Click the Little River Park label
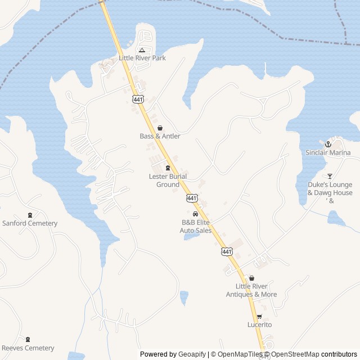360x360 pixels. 142,57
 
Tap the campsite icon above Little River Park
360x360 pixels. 142,49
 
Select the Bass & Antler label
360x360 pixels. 160,136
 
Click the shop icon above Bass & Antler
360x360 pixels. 160,128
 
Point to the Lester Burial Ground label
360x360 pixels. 168,181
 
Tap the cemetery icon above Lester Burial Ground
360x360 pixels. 168,168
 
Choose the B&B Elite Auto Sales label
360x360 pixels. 196,226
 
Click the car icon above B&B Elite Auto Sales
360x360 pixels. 195,214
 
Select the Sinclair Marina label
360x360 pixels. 328,152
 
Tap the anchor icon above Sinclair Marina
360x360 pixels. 328,145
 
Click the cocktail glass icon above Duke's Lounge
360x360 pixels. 330,176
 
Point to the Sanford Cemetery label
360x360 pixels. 30,223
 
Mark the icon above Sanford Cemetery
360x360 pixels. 30,215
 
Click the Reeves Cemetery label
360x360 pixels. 28,348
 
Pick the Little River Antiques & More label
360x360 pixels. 251,290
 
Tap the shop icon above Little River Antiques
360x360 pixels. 251,278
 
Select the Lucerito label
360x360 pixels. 259,325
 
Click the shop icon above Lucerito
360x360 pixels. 259,316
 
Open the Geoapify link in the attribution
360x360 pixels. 192,354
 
